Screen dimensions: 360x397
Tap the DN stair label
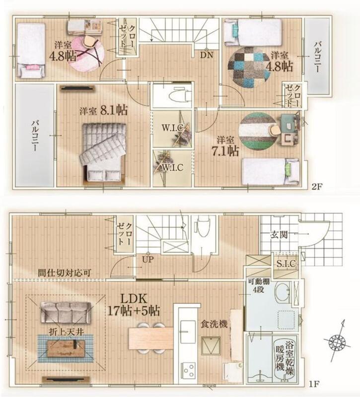pyautogui.click(x=207, y=55)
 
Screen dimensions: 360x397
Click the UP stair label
pyautogui.click(x=148, y=260)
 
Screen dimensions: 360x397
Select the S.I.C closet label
pyautogui.click(x=286, y=264)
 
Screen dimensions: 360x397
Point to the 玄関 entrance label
pyautogui.click(x=279, y=235)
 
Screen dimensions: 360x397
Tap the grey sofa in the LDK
pyautogui.click(x=66, y=313)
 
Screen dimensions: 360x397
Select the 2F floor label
pyautogui.click(x=317, y=188)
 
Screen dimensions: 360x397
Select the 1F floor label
pyautogui.click(x=314, y=385)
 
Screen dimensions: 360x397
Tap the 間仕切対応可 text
pyautogui.click(x=64, y=272)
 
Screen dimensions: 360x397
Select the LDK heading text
pyautogui.click(x=134, y=299)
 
